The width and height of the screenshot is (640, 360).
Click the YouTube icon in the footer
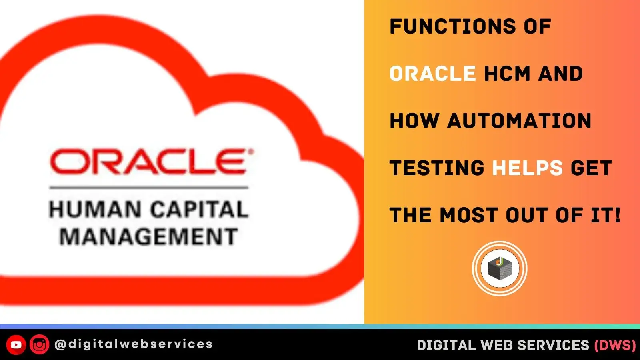pos(16,345)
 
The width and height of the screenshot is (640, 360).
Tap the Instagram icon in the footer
pos(39,345)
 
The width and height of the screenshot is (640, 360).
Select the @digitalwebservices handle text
pos(133,344)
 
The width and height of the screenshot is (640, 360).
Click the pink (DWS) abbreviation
pos(615,345)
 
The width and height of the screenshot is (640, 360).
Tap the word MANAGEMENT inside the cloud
pos(148,236)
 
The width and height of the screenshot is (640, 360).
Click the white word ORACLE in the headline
pos(432,74)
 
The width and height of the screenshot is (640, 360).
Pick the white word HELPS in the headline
pos(527,168)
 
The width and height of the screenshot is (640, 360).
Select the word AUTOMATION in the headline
pos(519,121)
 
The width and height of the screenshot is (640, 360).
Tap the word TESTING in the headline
pos(437,168)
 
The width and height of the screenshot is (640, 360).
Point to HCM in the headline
pos(507,74)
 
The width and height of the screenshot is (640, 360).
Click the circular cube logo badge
pos(500,268)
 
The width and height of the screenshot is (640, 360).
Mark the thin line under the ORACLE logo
pos(148,187)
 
